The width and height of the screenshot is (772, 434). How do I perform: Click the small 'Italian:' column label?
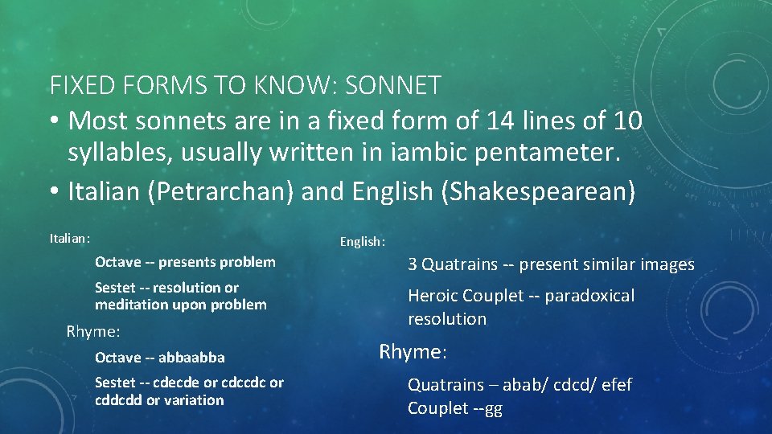70,238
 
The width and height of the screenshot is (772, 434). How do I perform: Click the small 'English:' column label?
363,241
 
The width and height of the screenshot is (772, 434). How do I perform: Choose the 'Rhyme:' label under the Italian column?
93,331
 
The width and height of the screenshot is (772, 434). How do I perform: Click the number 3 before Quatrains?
413,264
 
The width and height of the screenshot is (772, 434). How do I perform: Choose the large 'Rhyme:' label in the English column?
413,351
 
